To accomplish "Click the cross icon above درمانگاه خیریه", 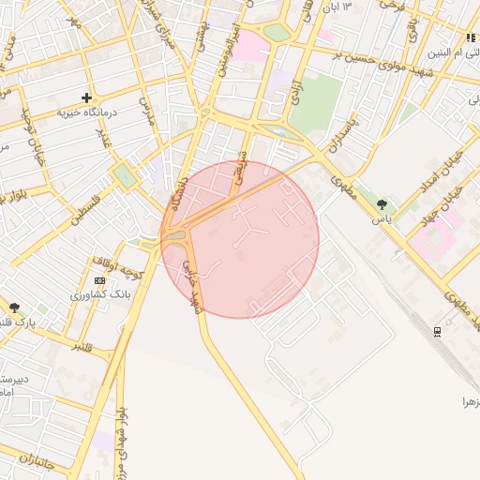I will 87,97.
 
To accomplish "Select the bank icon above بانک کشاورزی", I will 100,280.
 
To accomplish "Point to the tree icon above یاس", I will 381,204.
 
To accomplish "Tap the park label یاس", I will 380,219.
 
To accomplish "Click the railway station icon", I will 438,331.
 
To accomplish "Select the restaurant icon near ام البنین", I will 471,38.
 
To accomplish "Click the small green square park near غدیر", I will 124,175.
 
